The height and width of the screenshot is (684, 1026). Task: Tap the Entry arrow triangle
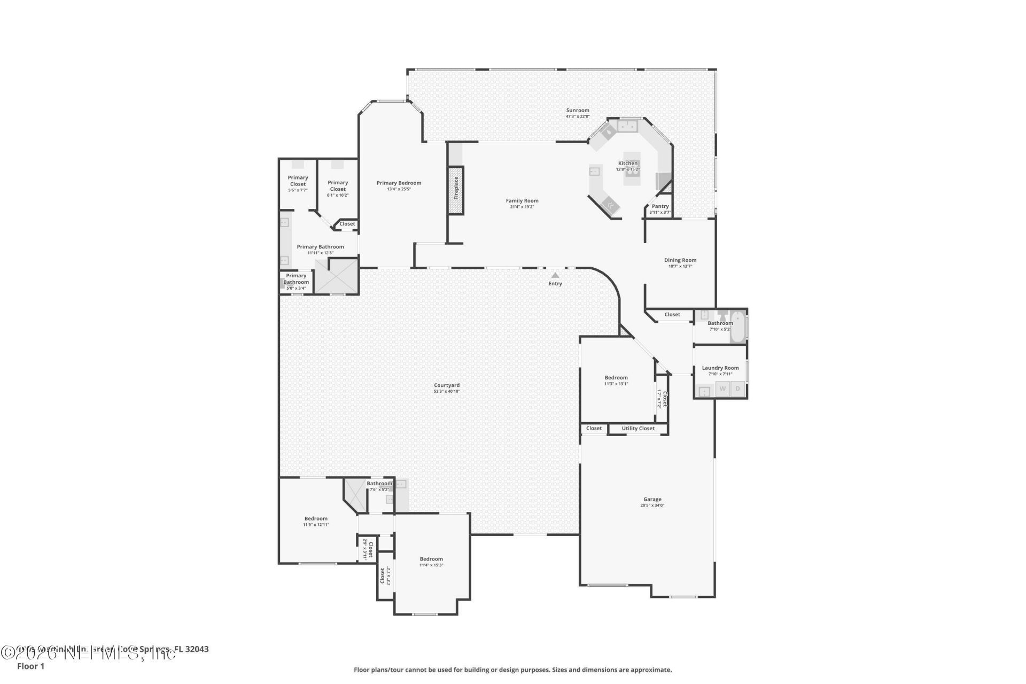coord(555,276)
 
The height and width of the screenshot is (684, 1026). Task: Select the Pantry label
coord(660,206)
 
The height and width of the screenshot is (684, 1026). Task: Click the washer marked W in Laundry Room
coord(722,388)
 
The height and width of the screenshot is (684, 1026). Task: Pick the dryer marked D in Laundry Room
coord(738,388)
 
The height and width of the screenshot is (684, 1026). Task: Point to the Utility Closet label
coord(638,429)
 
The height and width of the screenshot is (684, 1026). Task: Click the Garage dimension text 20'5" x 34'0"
coord(652,506)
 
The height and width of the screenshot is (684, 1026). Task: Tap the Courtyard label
coord(447,385)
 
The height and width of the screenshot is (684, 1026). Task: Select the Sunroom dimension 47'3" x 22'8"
coord(578,116)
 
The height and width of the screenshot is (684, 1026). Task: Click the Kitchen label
coord(628,164)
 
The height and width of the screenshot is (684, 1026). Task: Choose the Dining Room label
coord(680,260)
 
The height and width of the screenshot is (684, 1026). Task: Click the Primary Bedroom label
coord(399,183)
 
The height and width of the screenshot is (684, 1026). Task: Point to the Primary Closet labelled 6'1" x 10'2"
coord(338,186)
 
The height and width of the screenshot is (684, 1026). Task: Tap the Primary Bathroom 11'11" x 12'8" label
coord(320,247)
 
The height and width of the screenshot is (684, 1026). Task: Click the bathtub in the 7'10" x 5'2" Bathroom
coord(738,327)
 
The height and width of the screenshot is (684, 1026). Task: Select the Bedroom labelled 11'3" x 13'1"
coord(616,378)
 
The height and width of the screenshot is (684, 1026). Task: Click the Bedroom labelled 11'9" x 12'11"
coord(316,519)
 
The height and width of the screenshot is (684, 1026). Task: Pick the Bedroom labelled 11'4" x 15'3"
coord(431,559)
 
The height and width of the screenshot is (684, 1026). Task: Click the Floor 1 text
coord(30,666)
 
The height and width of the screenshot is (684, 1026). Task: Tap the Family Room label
coord(522,201)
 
